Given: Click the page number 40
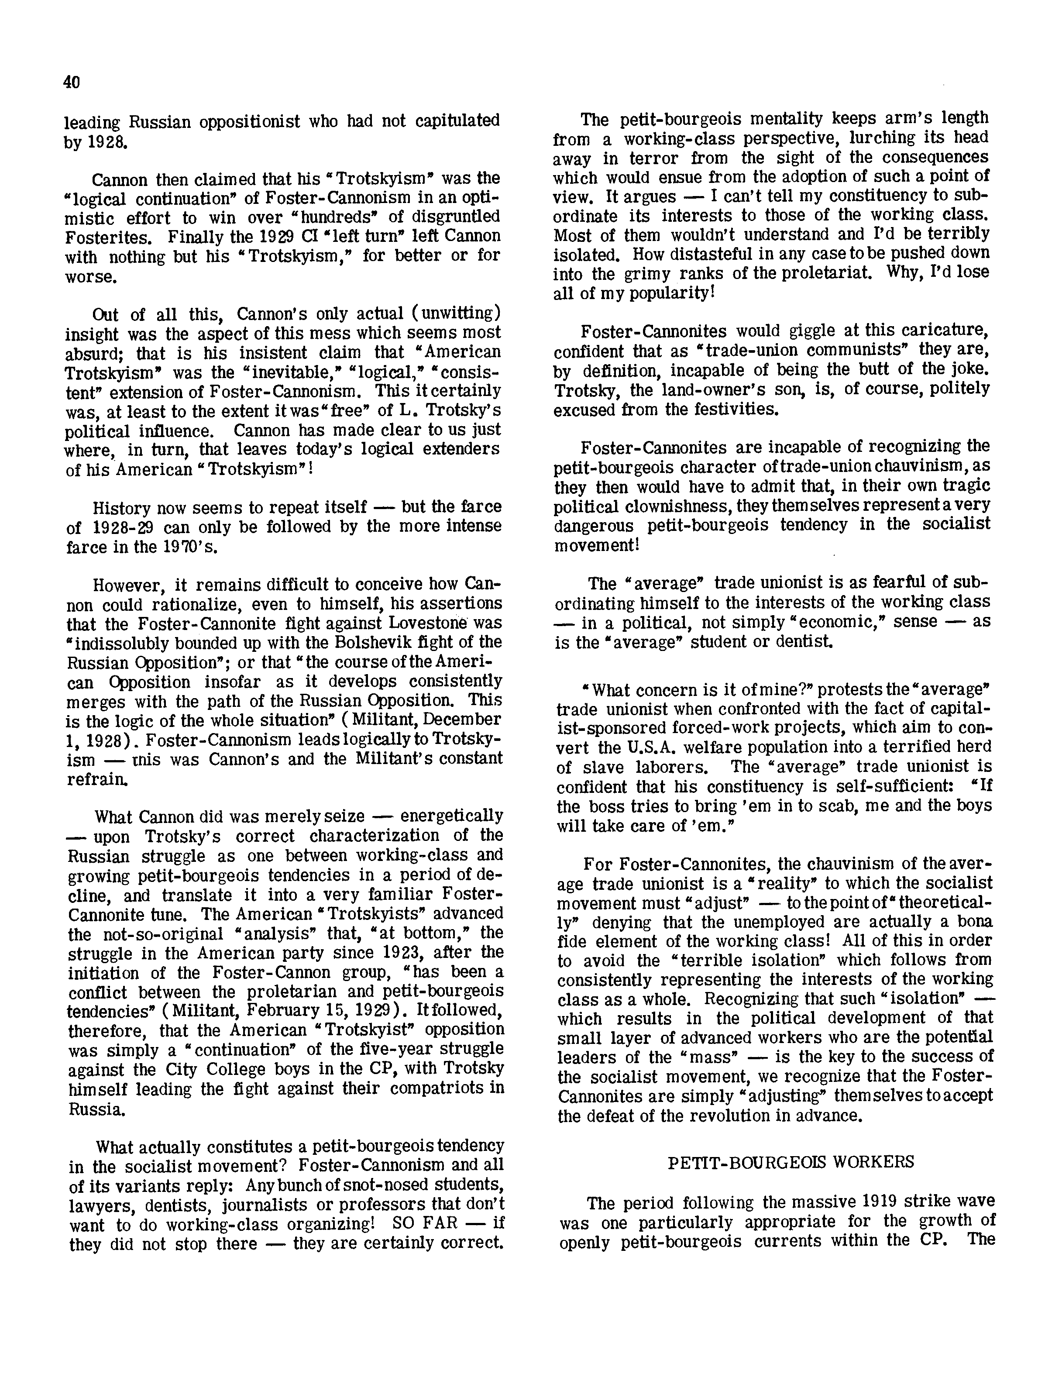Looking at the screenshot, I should click(x=72, y=82).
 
